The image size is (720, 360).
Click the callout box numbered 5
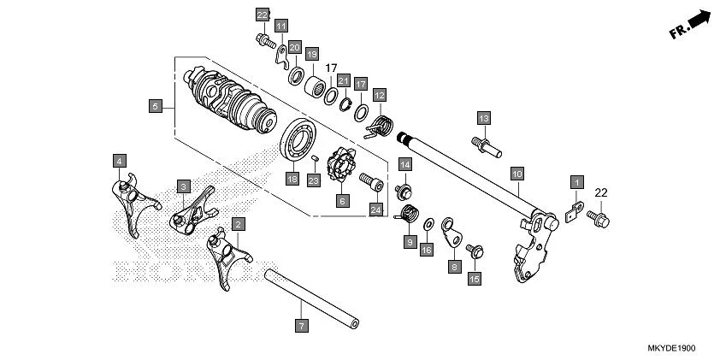pyautogui.click(x=155, y=106)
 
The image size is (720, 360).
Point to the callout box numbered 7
pyautogui.click(x=300, y=326)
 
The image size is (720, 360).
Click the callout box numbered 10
pyautogui.click(x=516, y=173)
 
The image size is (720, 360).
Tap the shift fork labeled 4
pyautogui.click(x=135, y=204)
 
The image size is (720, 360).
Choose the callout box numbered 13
pyautogui.click(x=483, y=117)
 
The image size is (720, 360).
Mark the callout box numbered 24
pyautogui.click(x=375, y=209)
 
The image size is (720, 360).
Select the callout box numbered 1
pyautogui.click(x=576, y=183)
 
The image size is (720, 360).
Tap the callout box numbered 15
pyautogui.click(x=475, y=278)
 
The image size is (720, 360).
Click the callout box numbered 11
pyautogui.click(x=281, y=26)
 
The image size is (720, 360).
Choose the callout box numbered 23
pyautogui.click(x=314, y=180)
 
